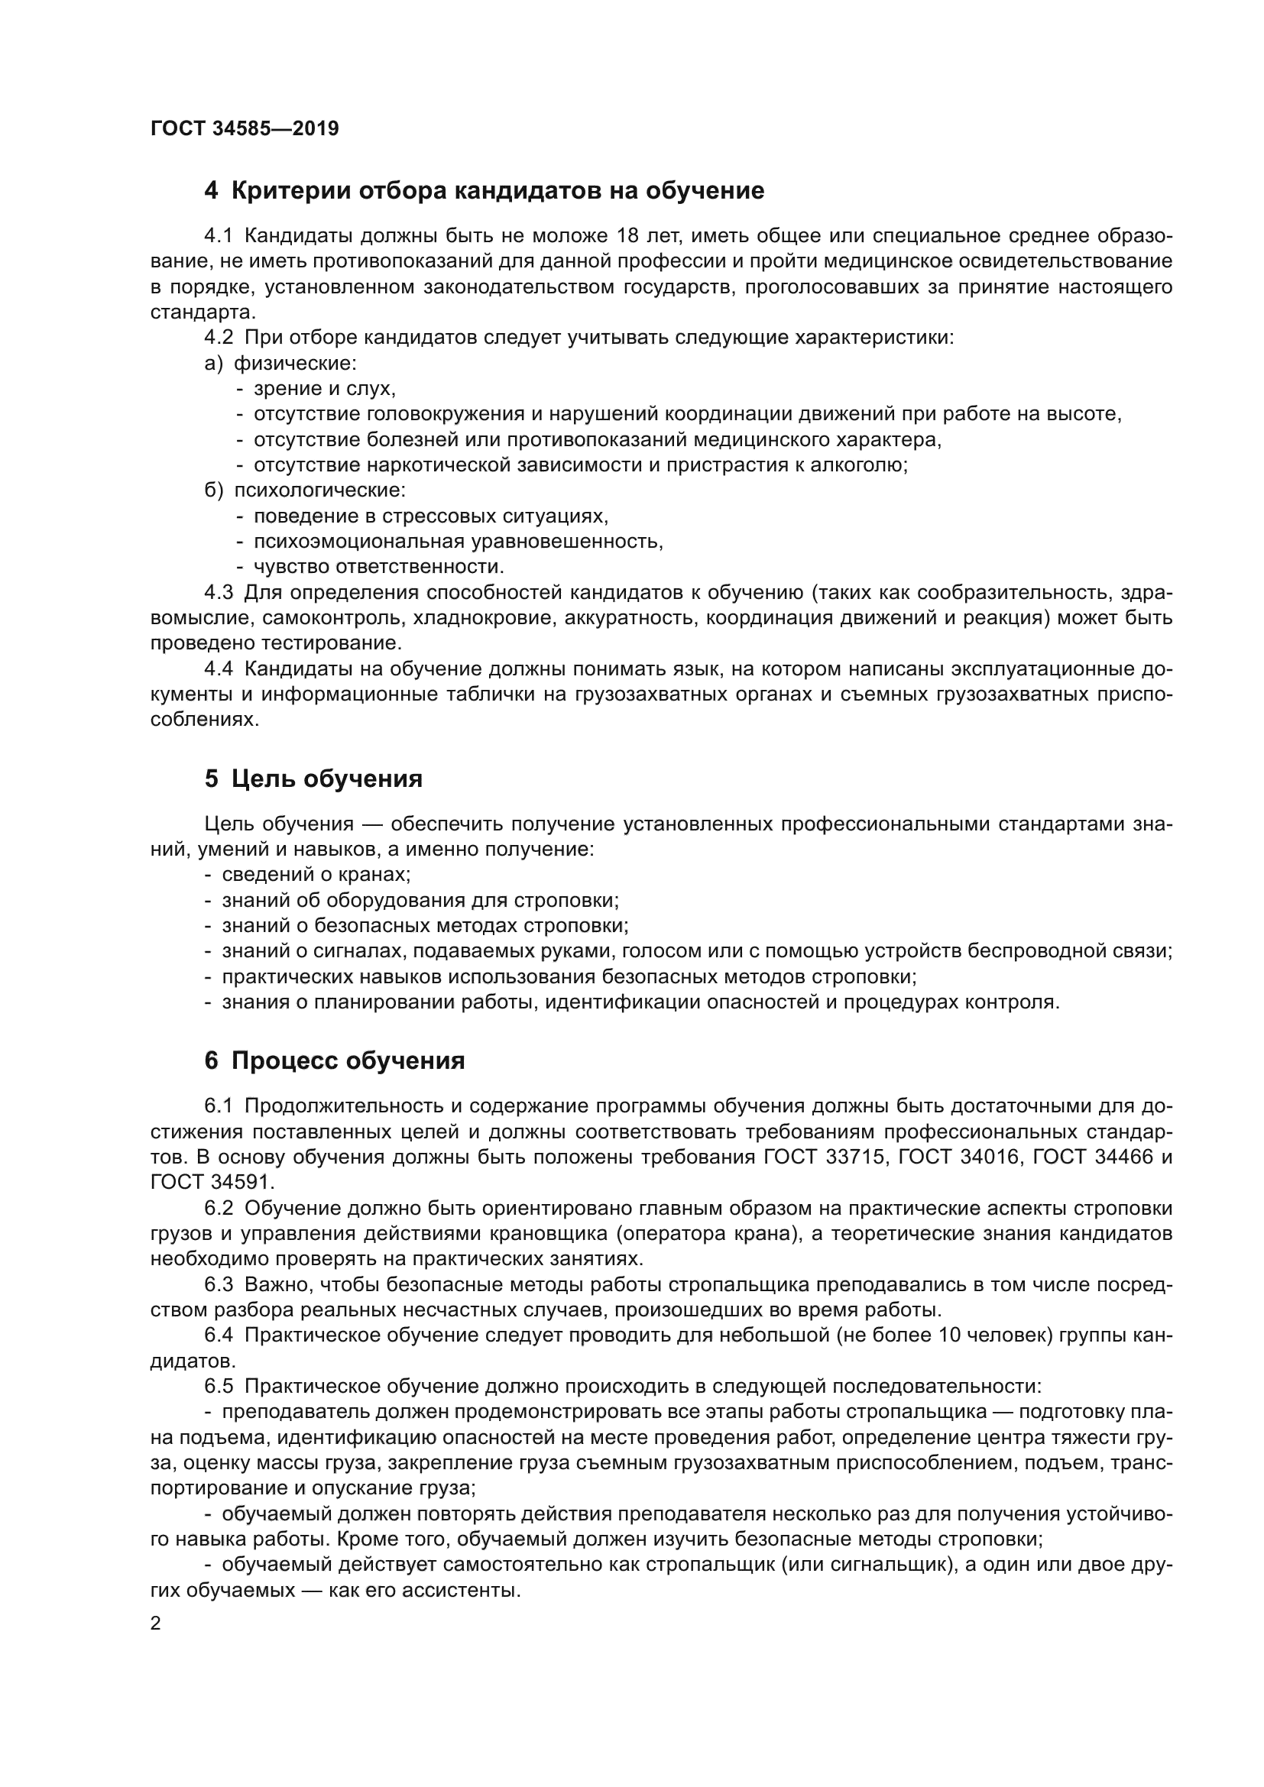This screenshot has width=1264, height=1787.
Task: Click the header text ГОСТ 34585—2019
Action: (245, 128)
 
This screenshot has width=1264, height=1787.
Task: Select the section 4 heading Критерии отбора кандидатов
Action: (483, 191)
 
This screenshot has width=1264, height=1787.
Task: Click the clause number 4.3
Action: (219, 592)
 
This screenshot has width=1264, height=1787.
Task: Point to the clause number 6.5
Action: (219, 1386)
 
